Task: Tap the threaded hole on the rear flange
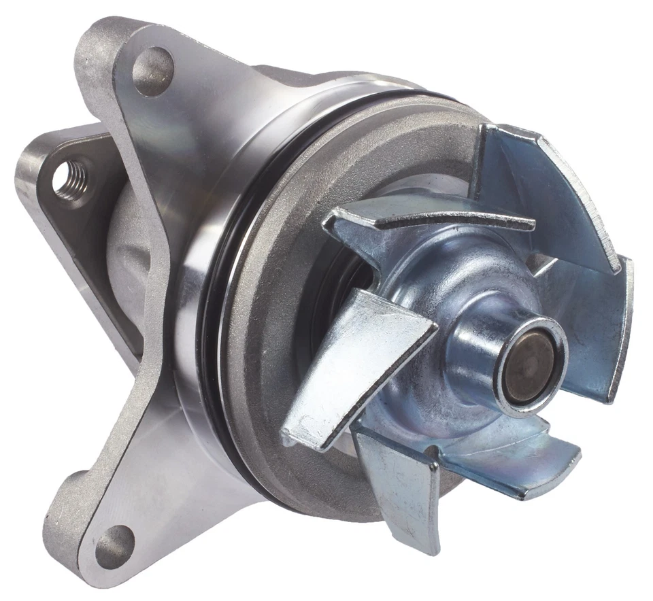[70, 179]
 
